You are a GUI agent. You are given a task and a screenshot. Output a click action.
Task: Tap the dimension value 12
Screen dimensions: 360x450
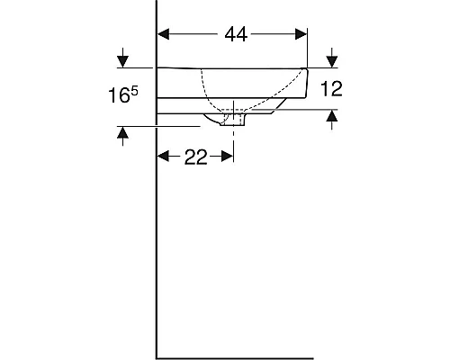pos(332,88)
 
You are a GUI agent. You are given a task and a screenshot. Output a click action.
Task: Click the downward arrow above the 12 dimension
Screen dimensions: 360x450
pos(332,60)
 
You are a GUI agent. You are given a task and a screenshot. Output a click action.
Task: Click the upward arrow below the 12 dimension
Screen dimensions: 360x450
pos(332,116)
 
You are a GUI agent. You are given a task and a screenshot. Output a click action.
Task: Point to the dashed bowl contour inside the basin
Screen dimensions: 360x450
pos(209,90)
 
